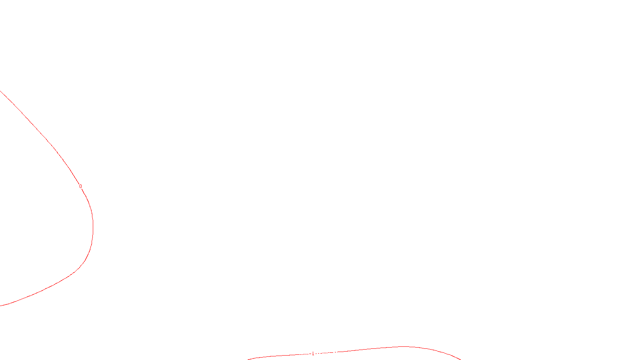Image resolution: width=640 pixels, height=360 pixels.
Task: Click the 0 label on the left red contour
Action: [80, 186]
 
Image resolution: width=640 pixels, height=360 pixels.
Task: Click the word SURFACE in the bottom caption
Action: [320, 354]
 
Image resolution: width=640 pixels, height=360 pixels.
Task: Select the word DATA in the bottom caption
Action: [338, 354]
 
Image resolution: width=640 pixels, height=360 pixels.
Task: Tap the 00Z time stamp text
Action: [303, 354]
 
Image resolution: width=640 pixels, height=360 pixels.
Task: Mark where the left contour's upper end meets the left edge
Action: [0, 92]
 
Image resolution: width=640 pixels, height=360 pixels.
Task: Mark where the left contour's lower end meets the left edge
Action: [0, 306]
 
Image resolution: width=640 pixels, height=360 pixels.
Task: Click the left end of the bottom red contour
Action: [248, 359]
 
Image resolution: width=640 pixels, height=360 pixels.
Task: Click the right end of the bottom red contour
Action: [460, 359]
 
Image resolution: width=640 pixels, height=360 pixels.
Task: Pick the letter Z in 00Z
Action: [306, 354]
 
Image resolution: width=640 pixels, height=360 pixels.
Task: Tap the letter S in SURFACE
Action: [312, 354]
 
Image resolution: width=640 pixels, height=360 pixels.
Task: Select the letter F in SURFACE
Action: [320, 354]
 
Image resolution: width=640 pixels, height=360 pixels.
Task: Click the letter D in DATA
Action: [334, 354]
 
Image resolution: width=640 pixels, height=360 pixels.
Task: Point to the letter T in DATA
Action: [340, 354]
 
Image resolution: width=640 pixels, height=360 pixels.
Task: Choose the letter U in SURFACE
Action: [314, 354]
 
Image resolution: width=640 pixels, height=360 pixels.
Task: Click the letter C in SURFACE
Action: [326, 354]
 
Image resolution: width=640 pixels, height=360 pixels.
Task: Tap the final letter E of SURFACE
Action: [328, 354]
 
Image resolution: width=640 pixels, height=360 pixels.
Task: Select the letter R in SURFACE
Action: [317, 354]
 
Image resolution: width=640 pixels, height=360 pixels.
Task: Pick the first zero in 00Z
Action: [300, 354]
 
